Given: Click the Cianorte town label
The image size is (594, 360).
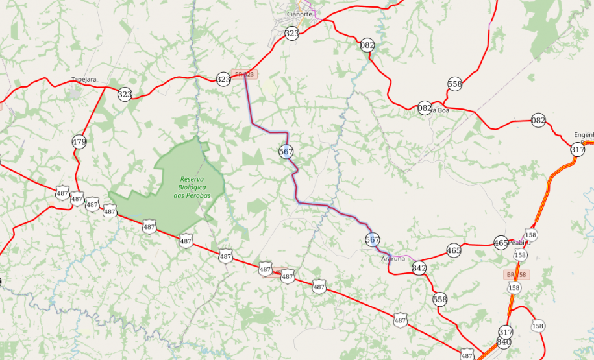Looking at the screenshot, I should click(x=299, y=13).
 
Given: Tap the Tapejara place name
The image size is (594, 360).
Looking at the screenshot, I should click(x=84, y=80).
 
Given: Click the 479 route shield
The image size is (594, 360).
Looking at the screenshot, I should click(x=79, y=141).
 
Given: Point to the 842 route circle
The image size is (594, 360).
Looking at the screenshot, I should click(x=419, y=268).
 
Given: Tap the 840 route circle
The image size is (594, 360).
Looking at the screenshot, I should click(x=504, y=342).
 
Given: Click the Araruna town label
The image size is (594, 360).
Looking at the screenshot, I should click(x=393, y=258).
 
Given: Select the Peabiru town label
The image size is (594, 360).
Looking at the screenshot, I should click(x=519, y=243).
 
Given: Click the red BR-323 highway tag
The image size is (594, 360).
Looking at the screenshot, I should click(x=245, y=75).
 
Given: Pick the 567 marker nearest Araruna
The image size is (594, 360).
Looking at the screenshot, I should click(x=372, y=240).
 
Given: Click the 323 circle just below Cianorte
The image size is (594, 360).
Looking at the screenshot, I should click(x=292, y=33).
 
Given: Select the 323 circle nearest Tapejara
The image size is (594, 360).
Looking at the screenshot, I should click(x=125, y=94).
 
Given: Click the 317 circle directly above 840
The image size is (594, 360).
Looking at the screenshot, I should click(x=506, y=332).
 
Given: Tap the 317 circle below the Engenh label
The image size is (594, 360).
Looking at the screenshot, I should click(x=577, y=150).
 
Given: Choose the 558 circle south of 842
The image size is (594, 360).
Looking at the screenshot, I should click(x=440, y=299).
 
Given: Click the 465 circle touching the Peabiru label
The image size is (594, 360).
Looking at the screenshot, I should click(x=501, y=243).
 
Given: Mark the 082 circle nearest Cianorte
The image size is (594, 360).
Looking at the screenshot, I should click(x=367, y=45).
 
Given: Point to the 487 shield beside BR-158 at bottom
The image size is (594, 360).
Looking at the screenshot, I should click(x=467, y=355).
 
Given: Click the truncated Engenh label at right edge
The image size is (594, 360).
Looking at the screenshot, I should click(x=583, y=135).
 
